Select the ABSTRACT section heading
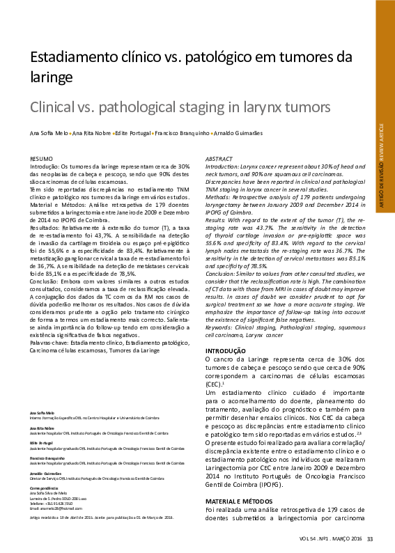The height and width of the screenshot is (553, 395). (x=220, y=159)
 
